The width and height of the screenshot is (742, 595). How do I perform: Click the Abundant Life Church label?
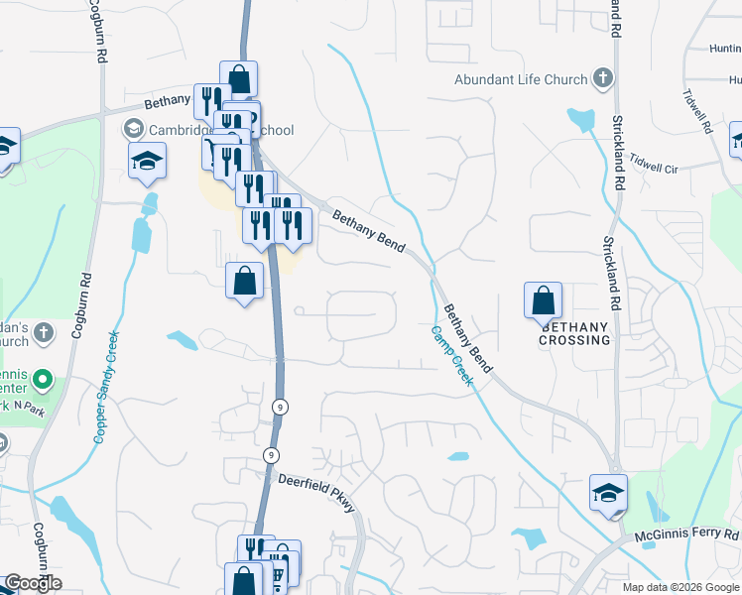523,79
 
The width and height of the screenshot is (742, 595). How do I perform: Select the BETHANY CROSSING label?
574,333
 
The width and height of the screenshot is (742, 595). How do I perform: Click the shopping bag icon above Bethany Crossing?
543,300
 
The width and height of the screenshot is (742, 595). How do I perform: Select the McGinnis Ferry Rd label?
686,536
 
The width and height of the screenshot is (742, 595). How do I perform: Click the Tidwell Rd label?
696,111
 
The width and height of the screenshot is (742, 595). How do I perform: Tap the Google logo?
33,583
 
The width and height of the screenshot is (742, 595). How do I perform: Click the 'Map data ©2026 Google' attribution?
680,587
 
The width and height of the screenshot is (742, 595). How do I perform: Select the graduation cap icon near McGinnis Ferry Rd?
608,493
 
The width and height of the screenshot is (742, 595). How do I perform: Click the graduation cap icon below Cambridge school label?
147,161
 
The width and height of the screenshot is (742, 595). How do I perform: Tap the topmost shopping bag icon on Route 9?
238,78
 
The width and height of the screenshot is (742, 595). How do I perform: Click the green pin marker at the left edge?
42,379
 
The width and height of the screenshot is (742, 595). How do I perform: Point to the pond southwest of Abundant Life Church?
579,119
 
